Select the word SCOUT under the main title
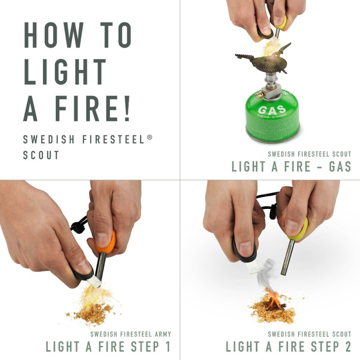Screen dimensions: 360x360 click(x=41, y=155)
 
